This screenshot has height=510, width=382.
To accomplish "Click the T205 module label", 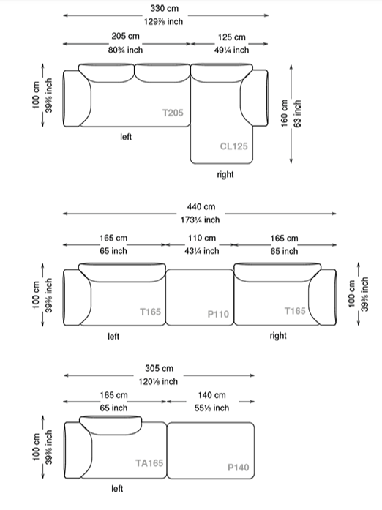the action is click(173, 113).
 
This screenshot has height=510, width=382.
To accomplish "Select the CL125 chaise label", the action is click(233, 146).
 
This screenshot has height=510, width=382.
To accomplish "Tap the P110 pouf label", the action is click(218, 314).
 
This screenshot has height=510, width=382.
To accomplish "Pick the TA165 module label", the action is click(149, 463).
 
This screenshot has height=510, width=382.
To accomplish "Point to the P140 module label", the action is click(238, 468).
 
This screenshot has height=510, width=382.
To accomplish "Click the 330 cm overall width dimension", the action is click(165, 8).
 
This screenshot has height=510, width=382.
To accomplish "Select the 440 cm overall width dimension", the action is click(201, 206).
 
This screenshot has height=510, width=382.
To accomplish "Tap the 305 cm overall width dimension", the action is click(159, 369).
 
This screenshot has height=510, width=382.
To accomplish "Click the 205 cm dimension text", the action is click(125, 36).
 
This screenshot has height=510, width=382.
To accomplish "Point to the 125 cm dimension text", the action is click(232, 37).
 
